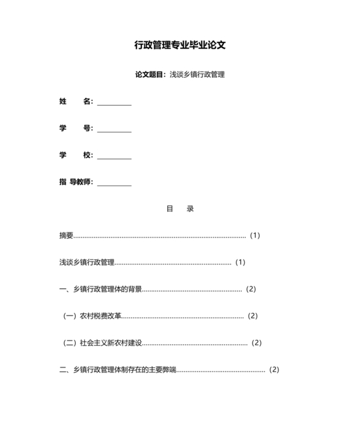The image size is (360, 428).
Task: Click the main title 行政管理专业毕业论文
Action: pos(180,45)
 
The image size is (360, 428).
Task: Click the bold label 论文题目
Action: pos(150,75)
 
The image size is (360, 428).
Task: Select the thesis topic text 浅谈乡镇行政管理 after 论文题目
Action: pos(197,75)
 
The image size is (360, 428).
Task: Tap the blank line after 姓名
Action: pos(114,102)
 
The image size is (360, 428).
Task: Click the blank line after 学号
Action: pos(114,129)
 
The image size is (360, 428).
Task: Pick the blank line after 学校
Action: pos(114,156)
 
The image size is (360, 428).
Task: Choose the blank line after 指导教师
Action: pos(114,183)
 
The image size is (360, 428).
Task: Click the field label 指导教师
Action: pos(76,182)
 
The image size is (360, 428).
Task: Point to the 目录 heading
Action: pos(180,209)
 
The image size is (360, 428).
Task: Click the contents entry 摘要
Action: pos(66,236)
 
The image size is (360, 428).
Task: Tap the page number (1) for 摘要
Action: pos(255,236)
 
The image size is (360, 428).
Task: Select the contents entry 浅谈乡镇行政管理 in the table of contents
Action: pos(86,263)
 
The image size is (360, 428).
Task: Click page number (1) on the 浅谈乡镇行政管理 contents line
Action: pos(240,263)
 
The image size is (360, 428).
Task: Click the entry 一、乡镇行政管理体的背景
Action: pos(100,289)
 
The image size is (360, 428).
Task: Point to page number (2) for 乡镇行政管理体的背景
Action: pos(251,289)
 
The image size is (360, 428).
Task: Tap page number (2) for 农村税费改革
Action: pos(252,316)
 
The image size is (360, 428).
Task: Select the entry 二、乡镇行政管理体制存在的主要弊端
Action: pos(118,370)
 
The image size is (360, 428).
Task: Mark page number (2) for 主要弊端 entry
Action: pos(274,370)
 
